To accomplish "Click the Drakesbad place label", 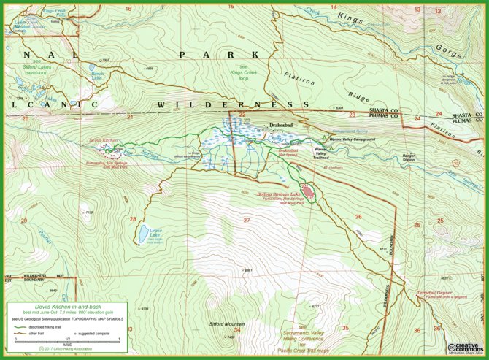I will tap(281, 126).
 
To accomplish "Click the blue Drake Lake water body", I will tap(140, 233).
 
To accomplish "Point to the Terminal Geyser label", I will tap(436, 293).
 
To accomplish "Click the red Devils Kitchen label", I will tap(103, 139).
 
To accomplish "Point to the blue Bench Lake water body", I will tap(97, 76).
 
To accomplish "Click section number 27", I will tap(247, 220).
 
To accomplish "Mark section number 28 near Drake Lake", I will tap(132, 219).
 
